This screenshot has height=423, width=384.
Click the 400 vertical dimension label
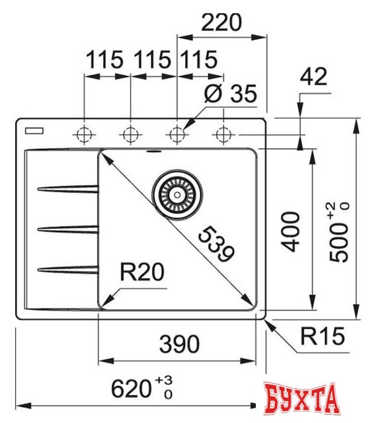[x=291, y=231]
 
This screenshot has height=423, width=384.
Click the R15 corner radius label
[x=322, y=338]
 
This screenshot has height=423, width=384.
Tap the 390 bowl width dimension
[x=178, y=344]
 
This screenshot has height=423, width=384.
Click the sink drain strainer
[x=176, y=191]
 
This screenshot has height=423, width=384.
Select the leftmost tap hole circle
[x=84, y=134]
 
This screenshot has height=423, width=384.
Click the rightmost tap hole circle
[x=222, y=134]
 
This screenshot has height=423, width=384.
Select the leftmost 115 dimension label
[x=104, y=60]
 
